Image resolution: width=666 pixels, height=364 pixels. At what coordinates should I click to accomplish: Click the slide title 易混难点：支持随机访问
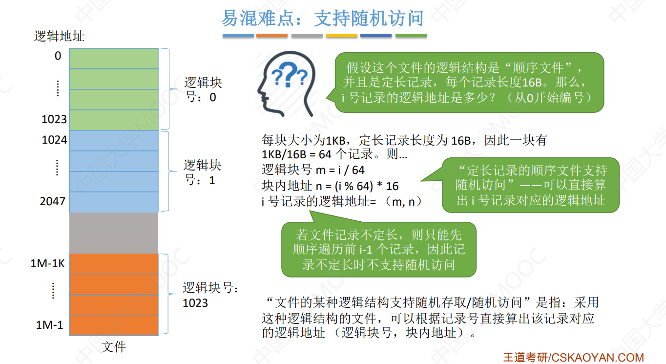coord(322,19)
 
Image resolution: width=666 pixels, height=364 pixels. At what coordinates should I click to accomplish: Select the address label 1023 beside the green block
coord(54,119)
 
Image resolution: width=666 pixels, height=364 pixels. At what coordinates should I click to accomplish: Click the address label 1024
coord(54,140)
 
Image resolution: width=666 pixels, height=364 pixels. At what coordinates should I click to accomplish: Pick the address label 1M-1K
coord(47,264)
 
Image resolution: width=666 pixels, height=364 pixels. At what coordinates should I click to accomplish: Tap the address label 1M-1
coord(50,325)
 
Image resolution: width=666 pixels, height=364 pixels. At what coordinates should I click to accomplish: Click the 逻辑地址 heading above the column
coord(59,36)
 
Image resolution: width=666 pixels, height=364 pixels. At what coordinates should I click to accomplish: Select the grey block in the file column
coord(114,233)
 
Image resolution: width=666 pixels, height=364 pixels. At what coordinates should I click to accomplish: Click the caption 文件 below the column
coord(114,347)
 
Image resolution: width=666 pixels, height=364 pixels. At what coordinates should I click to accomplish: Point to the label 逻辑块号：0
coord(203,89)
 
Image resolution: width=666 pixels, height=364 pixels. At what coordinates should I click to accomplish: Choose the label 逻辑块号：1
coord(202,172)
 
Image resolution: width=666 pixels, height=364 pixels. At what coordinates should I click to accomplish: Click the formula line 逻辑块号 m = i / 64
coord(313,170)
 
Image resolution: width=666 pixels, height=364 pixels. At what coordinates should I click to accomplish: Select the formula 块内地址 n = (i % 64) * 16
coord(330,186)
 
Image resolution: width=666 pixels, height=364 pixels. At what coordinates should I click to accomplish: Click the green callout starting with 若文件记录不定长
coord(378,250)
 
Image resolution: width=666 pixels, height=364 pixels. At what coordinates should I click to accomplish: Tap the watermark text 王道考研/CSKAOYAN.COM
coord(573,357)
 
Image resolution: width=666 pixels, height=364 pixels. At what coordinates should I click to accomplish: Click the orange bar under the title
coord(272,36)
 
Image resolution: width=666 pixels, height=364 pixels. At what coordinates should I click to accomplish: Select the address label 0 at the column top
coord(58,56)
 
